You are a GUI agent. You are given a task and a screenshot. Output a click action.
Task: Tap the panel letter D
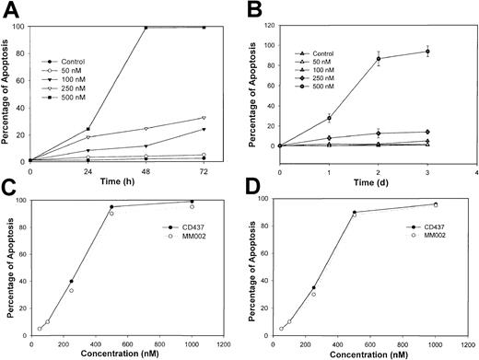pyautogui.click(x=255, y=190)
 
